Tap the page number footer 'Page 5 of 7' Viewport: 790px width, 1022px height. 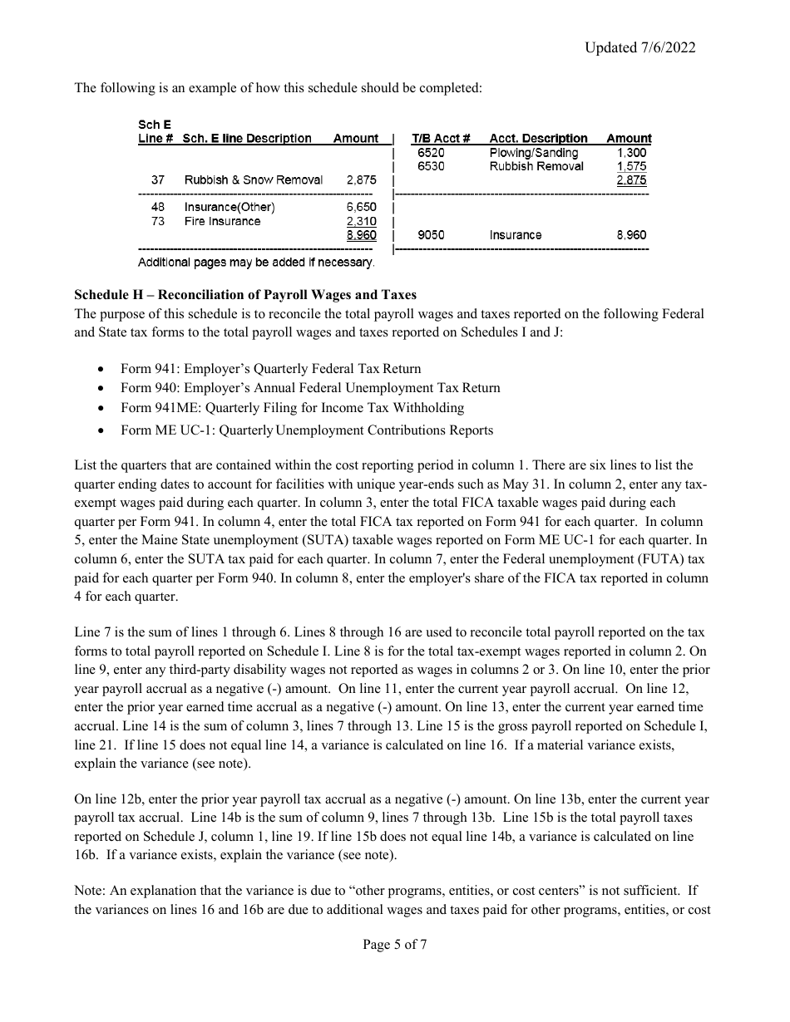(395, 944)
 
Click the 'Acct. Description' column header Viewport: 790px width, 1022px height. (538, 139)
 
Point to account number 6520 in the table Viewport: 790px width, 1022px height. (430, 153)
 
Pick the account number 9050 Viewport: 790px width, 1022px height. (430, 235)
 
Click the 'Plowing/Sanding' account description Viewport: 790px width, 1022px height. (533, 153)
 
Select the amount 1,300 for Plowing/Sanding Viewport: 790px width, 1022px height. (631, 153)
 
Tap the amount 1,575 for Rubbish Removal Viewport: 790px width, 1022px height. (631, 166)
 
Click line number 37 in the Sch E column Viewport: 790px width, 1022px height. (158, 180)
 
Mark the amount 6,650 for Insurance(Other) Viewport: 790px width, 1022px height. (361, 207)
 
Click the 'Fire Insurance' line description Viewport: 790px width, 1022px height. (222, 221)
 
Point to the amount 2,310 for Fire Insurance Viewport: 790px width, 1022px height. (361, 221)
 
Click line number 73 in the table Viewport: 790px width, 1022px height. (158, 221)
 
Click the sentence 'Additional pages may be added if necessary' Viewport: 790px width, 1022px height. (256, 263)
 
